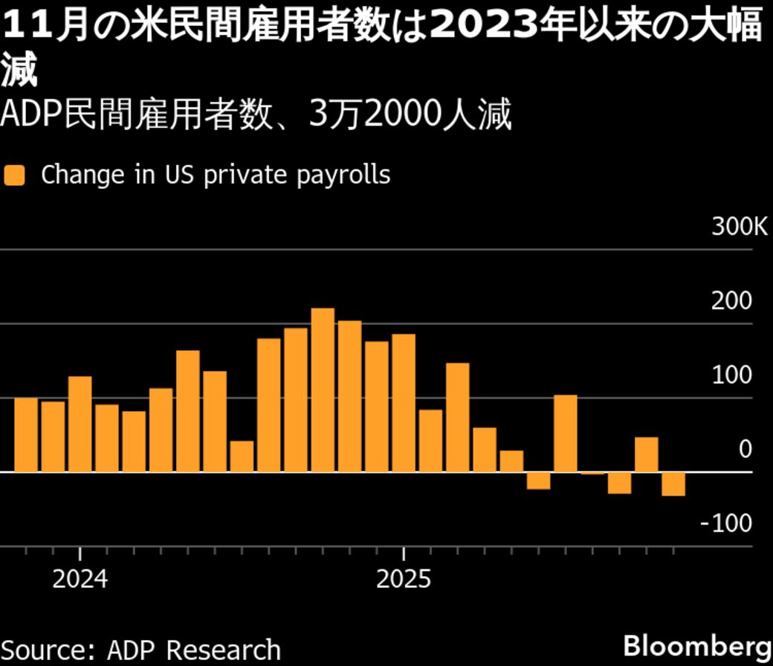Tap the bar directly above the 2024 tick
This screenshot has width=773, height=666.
click(x=80, y=424)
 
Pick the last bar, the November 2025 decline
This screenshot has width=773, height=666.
click(x=673, y=484)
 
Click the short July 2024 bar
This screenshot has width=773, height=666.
click(x=242, y=456)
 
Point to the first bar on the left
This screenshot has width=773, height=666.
click(x=26, y=435)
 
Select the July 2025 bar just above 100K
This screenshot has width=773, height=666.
click(x=566, y=433)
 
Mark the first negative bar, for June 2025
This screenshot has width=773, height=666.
click(x=538, y=480)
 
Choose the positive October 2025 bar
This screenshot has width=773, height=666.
click(x=647, y=454)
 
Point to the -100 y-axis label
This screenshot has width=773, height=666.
click(x=726, y=524)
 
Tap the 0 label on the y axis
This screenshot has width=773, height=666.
click(x=745, y=450)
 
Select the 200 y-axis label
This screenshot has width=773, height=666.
click(x=732, y=302)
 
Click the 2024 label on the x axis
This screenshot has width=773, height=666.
click(x=80, y=579)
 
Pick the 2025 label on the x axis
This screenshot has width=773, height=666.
click(x=404, y=579)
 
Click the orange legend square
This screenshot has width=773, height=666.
click(x=15, y=175)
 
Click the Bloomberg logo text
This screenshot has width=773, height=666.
click(x=695, y=644)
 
